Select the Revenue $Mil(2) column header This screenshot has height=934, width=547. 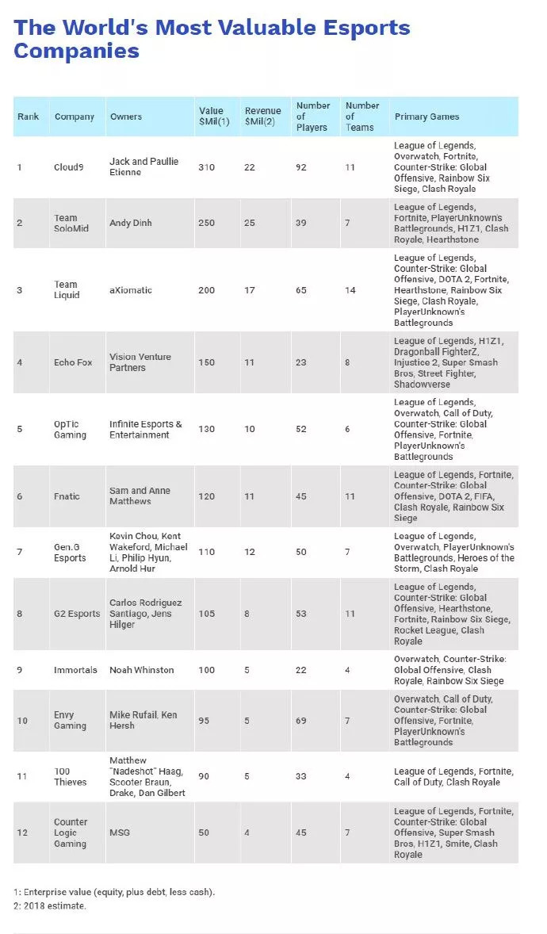pos(262,117)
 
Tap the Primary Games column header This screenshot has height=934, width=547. pos(427,117)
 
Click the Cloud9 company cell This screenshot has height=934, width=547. pos(70,167)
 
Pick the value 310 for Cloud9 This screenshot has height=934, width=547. pos(206,167)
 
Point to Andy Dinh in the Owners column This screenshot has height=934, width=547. pos(131,224)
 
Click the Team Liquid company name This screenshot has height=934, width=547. pos(67,290)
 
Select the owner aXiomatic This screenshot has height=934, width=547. pos(131,290)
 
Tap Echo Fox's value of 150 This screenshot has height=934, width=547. pos(206,362)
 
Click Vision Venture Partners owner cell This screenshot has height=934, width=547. pos(140,362)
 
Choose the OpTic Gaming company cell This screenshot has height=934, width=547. pos(71,430)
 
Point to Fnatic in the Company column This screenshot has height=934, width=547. pos(67,496)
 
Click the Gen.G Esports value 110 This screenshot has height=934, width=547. pos(206,552)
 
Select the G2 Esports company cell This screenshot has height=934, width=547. pos(78,614)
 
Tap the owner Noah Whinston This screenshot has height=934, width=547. pos(142,670)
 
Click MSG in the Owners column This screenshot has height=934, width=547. pos(120,833)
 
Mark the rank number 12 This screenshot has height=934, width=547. pos(21,833)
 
